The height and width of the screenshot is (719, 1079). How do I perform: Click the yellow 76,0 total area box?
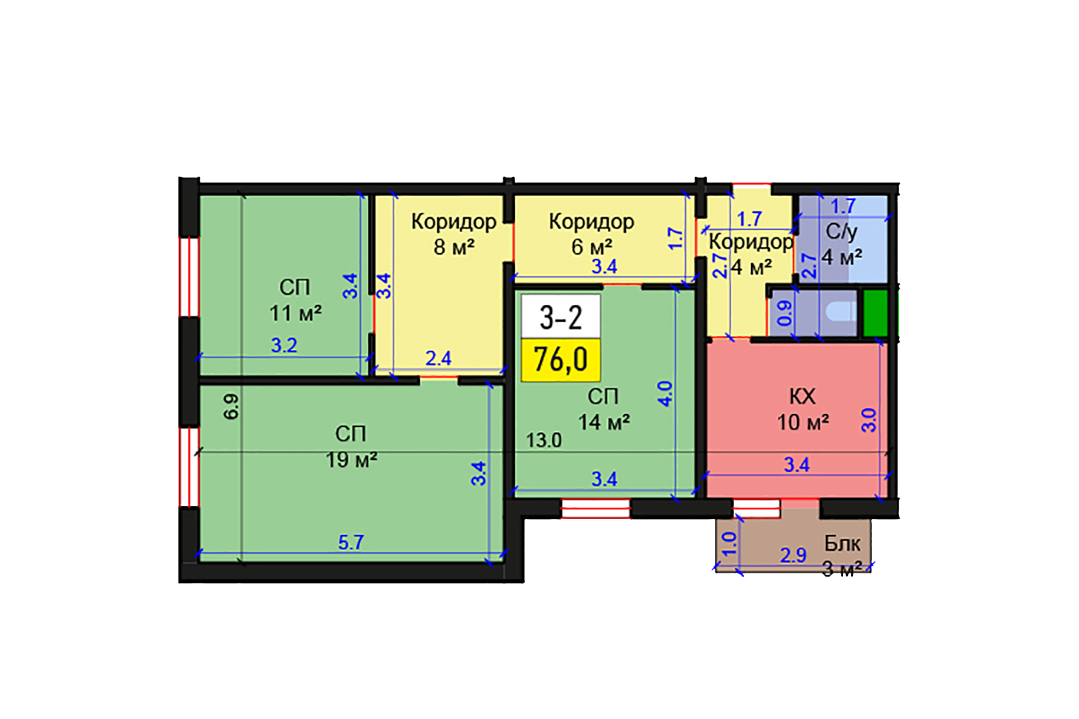point(560,359)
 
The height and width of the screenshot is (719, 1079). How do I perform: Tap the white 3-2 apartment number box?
point(560,316)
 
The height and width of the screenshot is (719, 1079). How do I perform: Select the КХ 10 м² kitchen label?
point(802,409)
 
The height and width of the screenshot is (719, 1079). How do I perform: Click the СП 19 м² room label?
point(351,446)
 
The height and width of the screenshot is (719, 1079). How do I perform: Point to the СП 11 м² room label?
point(295,301)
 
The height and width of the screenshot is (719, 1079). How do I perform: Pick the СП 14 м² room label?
point(604,409)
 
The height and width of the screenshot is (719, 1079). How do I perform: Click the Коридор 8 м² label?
point(453,234)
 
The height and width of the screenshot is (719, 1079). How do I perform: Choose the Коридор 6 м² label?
point(591,234)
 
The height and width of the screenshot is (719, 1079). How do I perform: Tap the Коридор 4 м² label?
point(750,255)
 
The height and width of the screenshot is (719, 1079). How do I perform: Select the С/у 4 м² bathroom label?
point(842,244)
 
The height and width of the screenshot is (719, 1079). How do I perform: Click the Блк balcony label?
point(842,544)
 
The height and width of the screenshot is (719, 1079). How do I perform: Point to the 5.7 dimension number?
point(351,542)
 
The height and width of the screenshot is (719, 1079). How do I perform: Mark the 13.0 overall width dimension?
point(543,440)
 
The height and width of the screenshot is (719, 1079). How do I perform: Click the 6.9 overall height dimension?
point(231,406)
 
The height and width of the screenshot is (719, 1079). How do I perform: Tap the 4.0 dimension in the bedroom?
point(665,394)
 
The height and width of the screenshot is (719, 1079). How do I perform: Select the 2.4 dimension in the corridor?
point(438,358)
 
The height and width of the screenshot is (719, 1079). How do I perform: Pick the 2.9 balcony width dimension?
point(793,555)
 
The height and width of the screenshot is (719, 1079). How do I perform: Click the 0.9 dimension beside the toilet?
point(785,313)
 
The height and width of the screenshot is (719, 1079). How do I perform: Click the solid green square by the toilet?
point(875,312)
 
